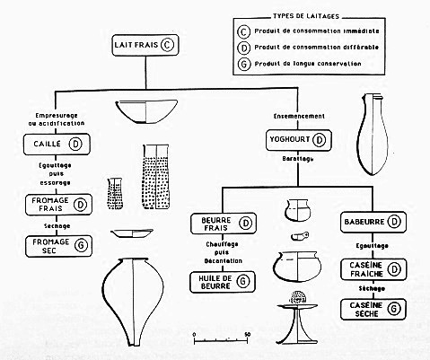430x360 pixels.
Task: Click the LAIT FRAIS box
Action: [141, 44]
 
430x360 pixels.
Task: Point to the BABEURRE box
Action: [370, 221]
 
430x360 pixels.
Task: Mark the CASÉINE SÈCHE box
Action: [370, 310]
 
